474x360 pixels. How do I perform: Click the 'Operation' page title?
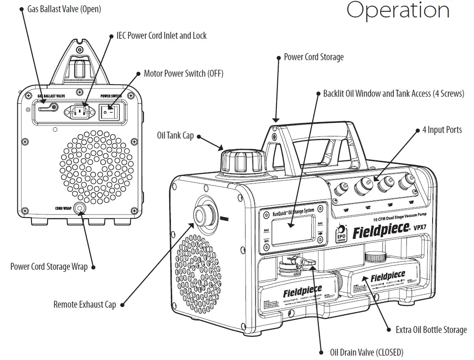click(398, 10)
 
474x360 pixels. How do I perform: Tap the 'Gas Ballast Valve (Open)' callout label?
click(64, 9)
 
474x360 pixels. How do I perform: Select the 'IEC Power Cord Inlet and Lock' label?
click(161, 36)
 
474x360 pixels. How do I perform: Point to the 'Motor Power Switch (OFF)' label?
click(184, 73)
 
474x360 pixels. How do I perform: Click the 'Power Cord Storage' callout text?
click(314, 57)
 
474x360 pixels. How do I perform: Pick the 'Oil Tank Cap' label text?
click(175, 136)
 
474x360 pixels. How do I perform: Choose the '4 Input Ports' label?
click(442, 130)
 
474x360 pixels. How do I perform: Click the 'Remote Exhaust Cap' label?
click(85, 305)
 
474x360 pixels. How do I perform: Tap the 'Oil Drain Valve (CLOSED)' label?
click(367, 352)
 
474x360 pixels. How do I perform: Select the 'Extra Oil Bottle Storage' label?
click(431, 330)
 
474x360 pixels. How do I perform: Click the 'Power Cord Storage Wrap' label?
click(49, 266)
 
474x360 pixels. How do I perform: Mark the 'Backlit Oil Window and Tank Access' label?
click(393, 94)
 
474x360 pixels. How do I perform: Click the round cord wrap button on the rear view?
click(79, 209)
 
